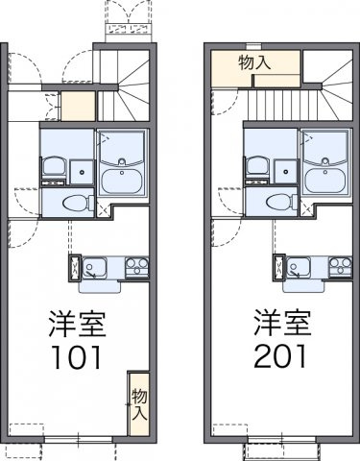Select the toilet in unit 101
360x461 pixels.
pos(73,203)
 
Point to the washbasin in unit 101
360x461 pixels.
pos(53,166)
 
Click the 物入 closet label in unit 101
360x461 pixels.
pos(138,403)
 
